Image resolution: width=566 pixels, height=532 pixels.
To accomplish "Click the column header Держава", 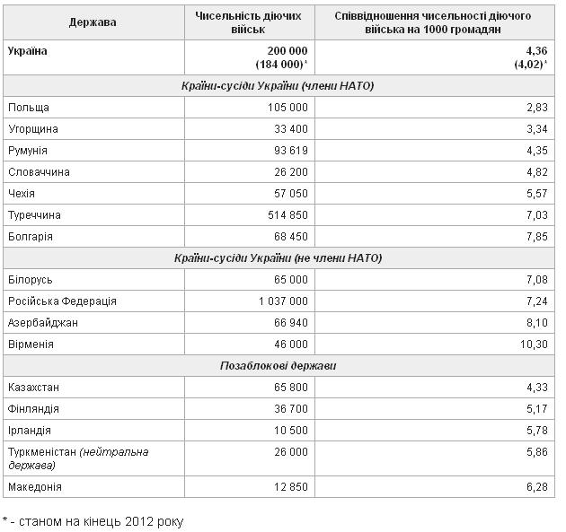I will click(x=93, y=22).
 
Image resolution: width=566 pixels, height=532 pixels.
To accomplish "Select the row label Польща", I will click(x=29, y=108).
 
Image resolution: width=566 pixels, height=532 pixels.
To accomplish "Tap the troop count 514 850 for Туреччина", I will click(x=285, y=215).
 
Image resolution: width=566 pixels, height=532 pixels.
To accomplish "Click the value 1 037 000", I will click(x=281, y=301).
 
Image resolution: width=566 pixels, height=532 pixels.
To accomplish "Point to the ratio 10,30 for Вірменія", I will click(x=534, y=344).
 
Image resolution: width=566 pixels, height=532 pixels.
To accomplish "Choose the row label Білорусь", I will click(x=30, y=280).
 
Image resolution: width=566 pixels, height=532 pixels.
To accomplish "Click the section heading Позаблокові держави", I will click(x=279, y=366).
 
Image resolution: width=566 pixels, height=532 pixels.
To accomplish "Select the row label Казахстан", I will click(x=33, y=388).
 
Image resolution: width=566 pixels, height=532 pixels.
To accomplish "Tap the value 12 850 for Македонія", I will click(x=289, y=486).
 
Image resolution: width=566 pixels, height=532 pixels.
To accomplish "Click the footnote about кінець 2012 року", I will click(x=93, y=519).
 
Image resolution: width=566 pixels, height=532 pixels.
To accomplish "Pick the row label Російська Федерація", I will click(x=62, y=301).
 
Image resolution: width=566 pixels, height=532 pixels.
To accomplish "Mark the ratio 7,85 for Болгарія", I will click(x=536, y=237).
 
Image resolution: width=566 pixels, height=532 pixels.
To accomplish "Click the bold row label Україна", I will click(x=28, y=51).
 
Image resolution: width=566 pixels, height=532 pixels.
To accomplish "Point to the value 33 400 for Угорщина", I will click(x=289, y=129).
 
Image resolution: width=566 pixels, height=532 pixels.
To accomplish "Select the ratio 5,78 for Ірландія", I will click(x=536, y=431).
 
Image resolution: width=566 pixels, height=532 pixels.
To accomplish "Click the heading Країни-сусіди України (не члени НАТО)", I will click(x=279, y=258).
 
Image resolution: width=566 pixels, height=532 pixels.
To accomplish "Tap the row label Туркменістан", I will click(x=42, y=452).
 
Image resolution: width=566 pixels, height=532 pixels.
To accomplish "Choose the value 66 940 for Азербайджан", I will click(x=289, y=323).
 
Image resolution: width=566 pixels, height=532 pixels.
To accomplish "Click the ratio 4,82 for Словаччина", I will click(x=536, y=172).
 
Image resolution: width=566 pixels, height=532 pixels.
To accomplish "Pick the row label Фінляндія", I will click(x=33, y=409).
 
